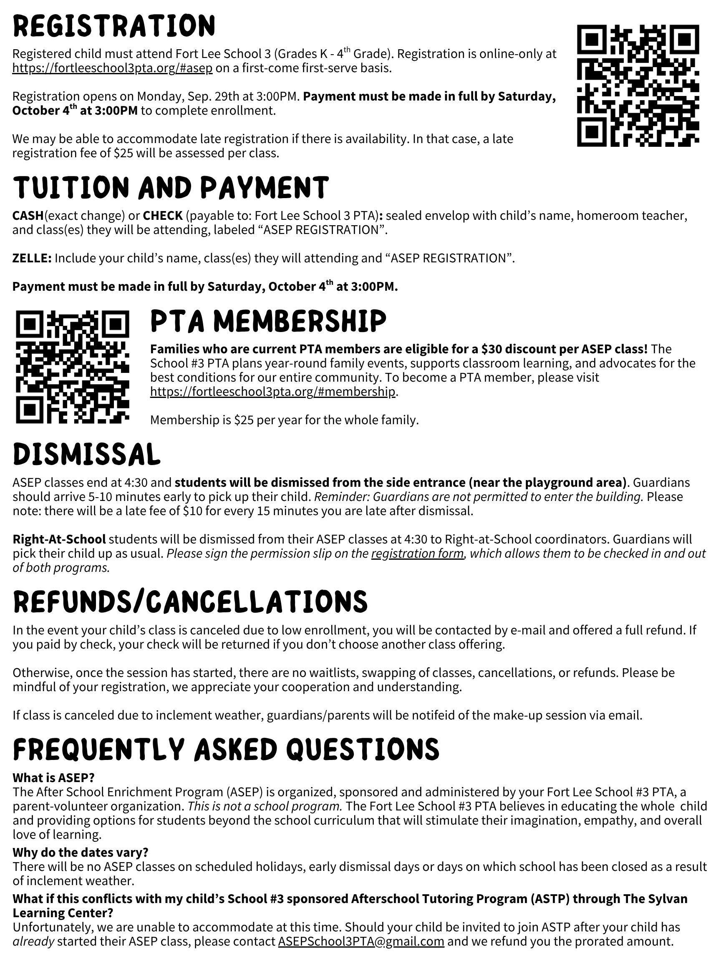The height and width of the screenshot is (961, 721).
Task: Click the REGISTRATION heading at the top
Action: tap(114, 25)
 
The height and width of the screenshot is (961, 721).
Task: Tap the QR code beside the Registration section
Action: tap(638, 85)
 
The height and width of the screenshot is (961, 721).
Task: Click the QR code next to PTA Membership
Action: tap(73, 367)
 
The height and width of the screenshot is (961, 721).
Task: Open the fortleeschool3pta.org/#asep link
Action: tap(113, 68)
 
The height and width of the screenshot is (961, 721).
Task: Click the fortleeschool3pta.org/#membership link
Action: tap(272, 391)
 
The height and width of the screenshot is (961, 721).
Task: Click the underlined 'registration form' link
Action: tap(417, 553)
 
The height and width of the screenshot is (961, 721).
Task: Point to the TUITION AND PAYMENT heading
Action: tap(170, 188)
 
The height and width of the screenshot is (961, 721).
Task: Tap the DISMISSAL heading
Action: tap(86, 455)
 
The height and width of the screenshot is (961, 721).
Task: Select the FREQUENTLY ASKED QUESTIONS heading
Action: tap(226, 749)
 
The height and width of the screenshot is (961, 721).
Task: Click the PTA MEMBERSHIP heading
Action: tap(268, 322)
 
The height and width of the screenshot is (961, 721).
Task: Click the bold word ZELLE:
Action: tap(32, 258)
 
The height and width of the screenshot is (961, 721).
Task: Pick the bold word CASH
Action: tap(28, 216)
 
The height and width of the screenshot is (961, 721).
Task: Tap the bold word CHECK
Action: tap(163, 216)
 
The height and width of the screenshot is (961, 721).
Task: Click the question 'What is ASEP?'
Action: tap(53, 777)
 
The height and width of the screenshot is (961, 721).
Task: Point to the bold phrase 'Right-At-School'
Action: tap(59, 539)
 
